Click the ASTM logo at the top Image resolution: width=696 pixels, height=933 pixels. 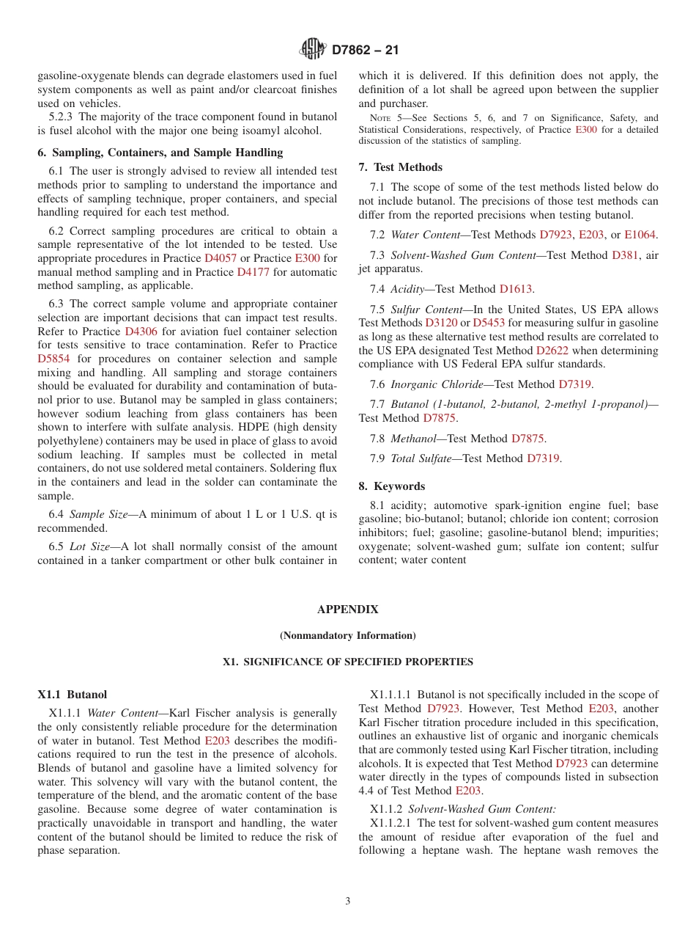313,49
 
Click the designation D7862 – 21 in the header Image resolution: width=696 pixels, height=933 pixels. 366,50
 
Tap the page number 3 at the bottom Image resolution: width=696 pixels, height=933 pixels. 348,901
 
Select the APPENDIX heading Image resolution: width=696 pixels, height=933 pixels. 348,610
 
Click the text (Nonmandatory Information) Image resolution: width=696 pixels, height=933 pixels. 348,635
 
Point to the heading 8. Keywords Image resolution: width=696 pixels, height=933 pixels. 392,486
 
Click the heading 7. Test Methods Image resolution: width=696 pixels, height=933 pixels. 401,167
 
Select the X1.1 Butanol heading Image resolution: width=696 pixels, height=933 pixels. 73,694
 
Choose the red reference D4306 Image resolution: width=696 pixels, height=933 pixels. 141,331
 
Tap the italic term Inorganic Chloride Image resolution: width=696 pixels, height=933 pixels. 437,384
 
